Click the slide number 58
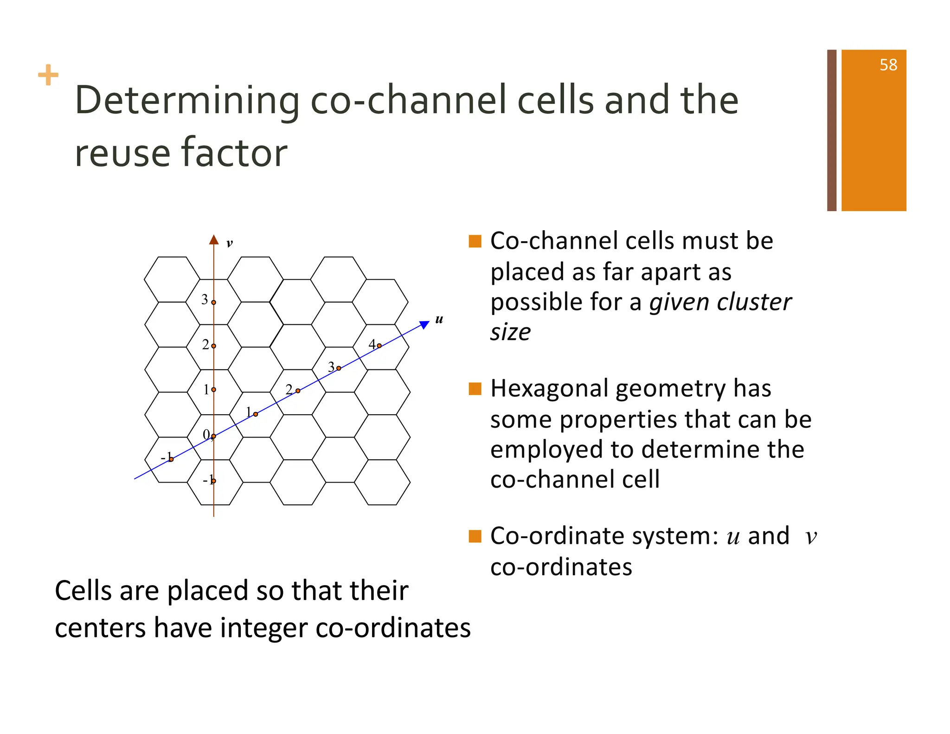coord(888,65)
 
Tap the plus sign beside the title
coord(48,75)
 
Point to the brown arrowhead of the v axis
coord(213,240)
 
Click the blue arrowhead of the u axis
coord(424,324)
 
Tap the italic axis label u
coord(439,319)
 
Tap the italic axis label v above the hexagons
coord(229,243)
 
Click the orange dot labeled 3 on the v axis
coord(213,303)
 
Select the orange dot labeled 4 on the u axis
coord(379,346)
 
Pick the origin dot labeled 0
coord(213,436)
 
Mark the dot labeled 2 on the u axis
coord(298,391)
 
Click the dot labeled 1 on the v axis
coord(213,390)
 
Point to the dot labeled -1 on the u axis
coord(171,459)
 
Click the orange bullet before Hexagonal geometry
coord(475,389)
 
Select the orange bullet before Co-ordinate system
coord(475,536)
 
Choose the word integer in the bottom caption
coord(263,628)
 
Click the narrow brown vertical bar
coord(831,130)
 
